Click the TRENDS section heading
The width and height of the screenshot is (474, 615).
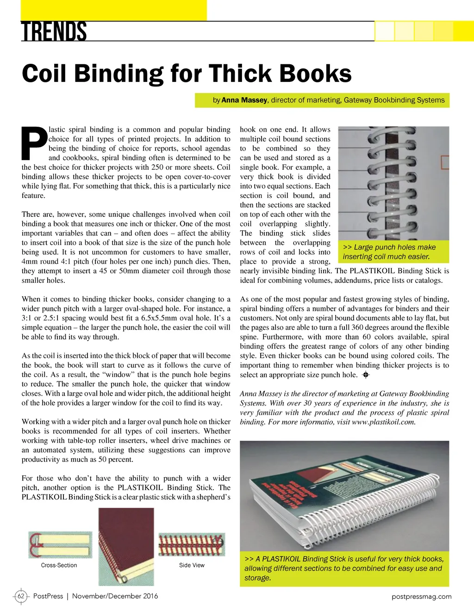pos(54,31)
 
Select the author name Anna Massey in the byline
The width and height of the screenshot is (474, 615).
pos(244,100)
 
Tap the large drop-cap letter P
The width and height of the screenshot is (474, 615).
pos(34,144)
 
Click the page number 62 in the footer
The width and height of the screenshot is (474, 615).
pos(21,596)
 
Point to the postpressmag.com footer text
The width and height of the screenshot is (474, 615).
pos(421,597)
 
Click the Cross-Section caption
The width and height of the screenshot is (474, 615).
pos(59,565)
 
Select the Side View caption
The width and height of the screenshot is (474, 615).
pos(192,565)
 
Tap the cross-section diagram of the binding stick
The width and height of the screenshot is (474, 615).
pos(60,545)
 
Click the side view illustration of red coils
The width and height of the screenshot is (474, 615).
pos(192,544)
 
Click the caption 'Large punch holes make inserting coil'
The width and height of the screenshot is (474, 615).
pos(389,252)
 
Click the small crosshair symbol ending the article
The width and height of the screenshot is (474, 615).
pos(366,375)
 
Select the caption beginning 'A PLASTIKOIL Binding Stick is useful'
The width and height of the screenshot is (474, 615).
pos(344,568)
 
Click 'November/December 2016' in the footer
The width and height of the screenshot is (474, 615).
pos(115,596)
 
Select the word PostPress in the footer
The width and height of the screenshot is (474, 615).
pos(48,596)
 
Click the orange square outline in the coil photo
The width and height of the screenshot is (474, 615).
pos(445,162)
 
